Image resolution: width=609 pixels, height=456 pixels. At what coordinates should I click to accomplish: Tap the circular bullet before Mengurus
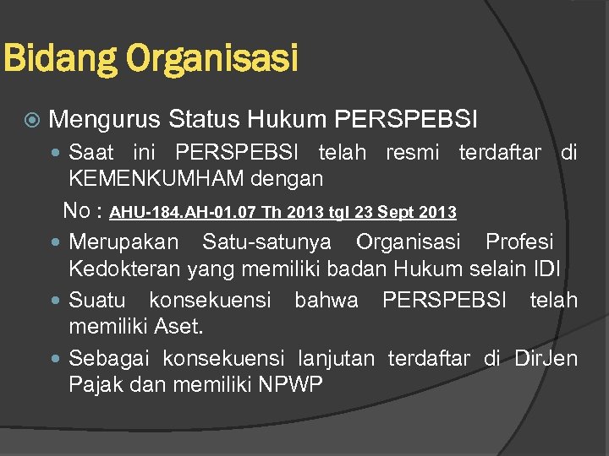tap(31, 120)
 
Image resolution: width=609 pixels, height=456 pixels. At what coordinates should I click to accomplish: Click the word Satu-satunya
tap(267, 242)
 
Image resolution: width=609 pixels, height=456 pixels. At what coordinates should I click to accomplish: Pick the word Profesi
tap(519, 242)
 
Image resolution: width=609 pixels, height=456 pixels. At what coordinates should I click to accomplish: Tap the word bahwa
tap(326, 300)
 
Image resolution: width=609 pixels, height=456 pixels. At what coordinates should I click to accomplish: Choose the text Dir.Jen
tap(546, 358)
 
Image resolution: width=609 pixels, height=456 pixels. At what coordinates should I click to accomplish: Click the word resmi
tap(413, 153)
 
